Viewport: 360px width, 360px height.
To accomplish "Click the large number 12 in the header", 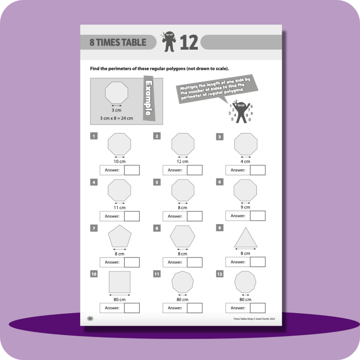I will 189,43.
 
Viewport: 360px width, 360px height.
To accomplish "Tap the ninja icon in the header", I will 169,42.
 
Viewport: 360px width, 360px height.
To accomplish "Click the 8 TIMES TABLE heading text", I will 118,43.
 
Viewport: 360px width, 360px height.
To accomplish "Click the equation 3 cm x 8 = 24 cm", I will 116,118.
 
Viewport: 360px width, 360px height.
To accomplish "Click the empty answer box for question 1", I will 132,170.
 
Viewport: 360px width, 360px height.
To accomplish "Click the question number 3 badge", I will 219,137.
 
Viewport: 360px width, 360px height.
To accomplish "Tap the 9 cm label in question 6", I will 245,207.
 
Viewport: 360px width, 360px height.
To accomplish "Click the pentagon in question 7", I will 120,237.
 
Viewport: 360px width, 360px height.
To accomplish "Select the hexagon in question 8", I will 182,237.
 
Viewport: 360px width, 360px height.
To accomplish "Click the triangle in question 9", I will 245,237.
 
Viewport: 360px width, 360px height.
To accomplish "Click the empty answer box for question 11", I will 195,308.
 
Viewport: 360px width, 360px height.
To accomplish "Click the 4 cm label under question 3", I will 245,162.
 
